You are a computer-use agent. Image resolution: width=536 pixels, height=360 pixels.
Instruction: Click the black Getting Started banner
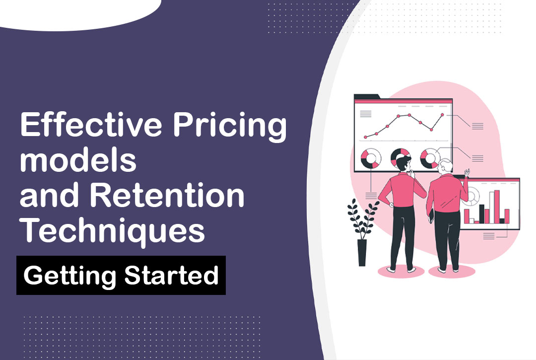coord(121,275)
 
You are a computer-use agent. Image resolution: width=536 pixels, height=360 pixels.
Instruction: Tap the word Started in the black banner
coord(171,275)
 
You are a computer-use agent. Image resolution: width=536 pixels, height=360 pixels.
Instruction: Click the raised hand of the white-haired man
coord(467,172)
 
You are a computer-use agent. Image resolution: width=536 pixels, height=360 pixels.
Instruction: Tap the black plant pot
coord(362,253)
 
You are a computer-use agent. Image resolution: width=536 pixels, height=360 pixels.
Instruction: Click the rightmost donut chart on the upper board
coord(428,158)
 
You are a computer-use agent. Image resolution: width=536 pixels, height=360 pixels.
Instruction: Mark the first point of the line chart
coord(366,137)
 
